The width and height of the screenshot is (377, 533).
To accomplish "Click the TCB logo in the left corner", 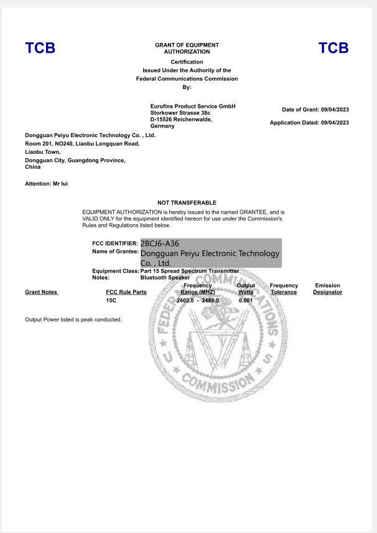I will (40, 49).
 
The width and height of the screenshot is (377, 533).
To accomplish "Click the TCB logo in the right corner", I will (333, 49).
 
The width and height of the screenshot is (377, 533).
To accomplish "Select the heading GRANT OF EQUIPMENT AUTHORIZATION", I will (187, 49).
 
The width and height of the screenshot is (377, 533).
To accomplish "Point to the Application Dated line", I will (309, 123).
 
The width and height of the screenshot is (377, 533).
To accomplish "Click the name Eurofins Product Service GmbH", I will (193, 106).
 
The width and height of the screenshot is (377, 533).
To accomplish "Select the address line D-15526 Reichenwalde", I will (182, 120).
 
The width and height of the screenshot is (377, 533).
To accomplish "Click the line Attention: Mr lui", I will (47, 184).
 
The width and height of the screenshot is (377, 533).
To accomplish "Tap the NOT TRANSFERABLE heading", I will (187, 203).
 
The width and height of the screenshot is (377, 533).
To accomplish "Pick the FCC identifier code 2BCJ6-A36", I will (160, 243).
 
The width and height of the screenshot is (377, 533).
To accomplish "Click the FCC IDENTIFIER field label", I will (115, 243).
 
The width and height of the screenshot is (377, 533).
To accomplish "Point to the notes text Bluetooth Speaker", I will (165, 278).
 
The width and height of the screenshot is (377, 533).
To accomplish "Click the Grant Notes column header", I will (41, 292).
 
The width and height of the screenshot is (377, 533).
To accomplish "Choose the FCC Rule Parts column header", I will (126, 292).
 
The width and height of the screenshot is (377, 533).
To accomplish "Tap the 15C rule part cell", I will (111, 301).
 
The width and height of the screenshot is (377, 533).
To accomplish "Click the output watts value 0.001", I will (246, 301).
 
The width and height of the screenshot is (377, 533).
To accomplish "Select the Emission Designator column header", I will (327, 289).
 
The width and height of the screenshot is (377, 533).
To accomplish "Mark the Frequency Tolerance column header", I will (284, 289).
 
